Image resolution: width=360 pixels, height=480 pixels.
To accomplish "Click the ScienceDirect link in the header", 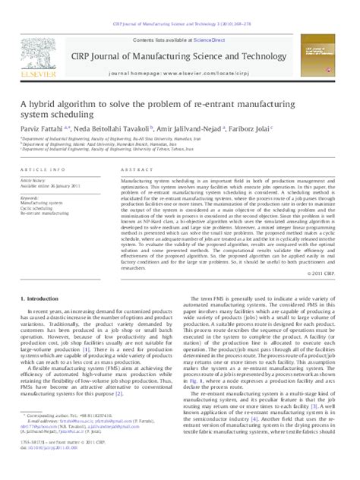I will (x=191, y=39).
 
